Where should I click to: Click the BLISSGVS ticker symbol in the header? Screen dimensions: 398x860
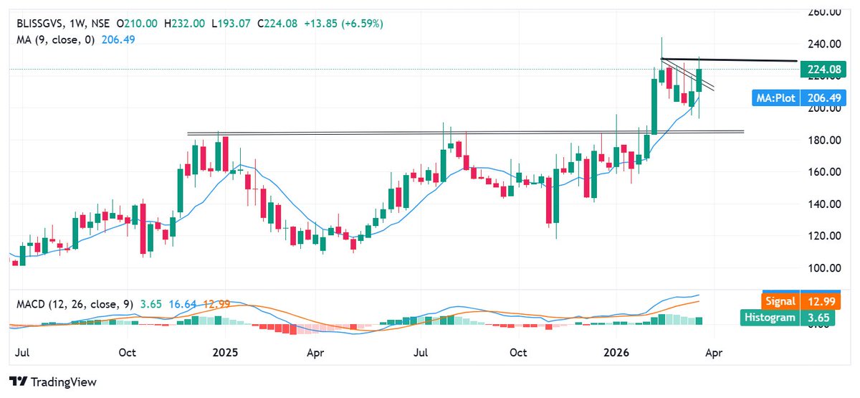(42, 24)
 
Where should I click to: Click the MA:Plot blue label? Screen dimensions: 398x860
(776, 98)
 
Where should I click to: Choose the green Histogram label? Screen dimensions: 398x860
(772, 317)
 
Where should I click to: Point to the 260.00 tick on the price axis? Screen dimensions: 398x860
(825, 12)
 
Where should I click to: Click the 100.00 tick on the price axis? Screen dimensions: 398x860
(825, 267)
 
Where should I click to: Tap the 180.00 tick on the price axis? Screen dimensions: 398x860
(825, 140)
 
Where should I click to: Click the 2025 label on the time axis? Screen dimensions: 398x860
(224, 353)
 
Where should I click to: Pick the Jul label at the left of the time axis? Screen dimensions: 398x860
(21, 353)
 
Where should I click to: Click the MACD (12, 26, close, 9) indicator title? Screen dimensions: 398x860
(75, 304)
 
